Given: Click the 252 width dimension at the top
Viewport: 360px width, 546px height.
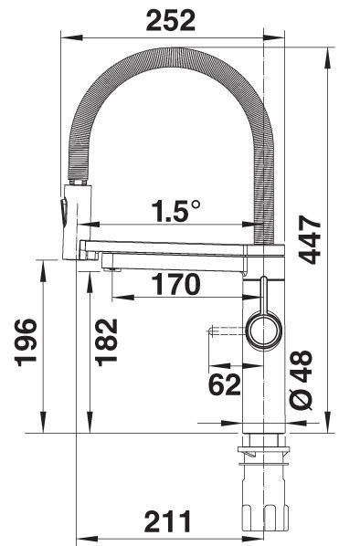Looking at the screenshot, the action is (x=171, y=20).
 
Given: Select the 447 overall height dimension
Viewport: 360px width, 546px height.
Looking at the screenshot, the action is (x=310, y=239).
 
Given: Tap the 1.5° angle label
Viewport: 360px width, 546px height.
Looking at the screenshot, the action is (x=176, y=211).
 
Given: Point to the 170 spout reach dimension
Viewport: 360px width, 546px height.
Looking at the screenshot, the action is (x=177, y=284).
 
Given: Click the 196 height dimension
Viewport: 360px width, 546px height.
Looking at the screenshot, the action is (x=26, y=342).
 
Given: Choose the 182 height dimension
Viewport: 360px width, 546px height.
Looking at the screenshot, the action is (x=107, y=342).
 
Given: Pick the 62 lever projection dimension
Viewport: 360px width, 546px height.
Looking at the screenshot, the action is (x=225, y=384).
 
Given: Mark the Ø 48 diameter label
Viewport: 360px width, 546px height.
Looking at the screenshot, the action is (x=302, y=380).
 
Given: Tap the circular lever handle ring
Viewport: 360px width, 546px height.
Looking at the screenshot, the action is (x=264, y=331).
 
